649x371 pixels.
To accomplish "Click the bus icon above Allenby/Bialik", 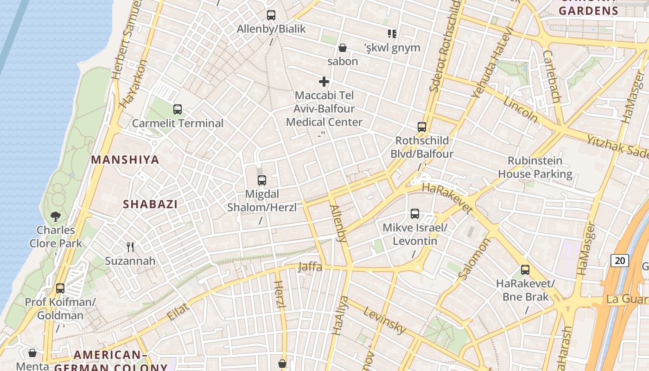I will pos(271,15).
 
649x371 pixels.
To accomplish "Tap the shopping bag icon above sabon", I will pos(343,48).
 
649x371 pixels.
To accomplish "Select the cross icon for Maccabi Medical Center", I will pos(324,82).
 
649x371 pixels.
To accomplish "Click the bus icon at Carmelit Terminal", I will pos(178,109).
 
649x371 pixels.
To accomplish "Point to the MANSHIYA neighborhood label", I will pos(125,160).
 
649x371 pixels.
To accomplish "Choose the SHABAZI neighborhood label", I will pos(150,204).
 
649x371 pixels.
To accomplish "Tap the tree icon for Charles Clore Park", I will pos(56,216).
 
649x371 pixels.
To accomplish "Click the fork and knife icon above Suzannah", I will pos(130,247).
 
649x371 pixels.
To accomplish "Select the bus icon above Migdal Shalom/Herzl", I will pos(262,180).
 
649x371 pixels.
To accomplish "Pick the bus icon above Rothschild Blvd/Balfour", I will pos(422,127).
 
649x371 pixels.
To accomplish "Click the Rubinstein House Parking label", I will pos(535,167).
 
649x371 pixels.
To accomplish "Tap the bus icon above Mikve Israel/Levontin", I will pos(415,214).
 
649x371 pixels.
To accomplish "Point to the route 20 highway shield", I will pos(620,261).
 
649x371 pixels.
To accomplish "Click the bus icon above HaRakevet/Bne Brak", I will pos(525,270).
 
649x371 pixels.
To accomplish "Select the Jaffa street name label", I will pos(310,267).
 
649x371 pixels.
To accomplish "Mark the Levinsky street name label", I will pos(384,320).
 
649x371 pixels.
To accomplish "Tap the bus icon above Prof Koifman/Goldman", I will pos(60,288).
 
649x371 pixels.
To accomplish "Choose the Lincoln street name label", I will pos(520,110).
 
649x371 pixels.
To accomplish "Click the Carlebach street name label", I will pos(552,77).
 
